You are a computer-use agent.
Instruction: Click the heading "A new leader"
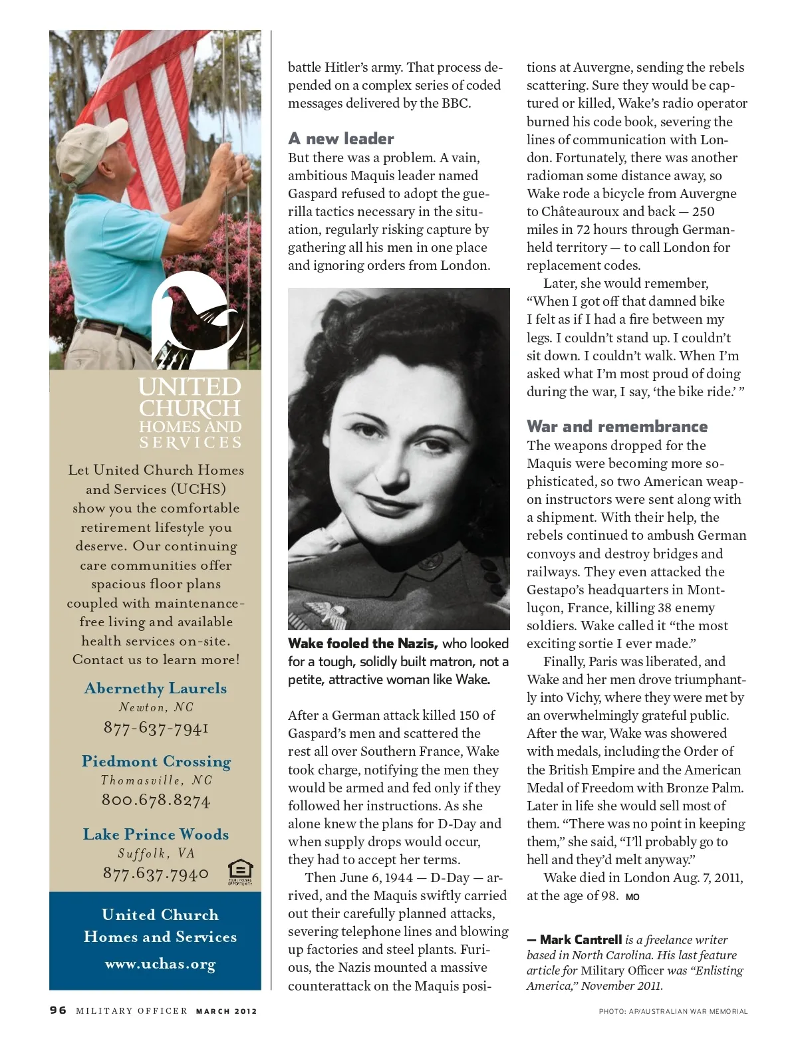(341, 139)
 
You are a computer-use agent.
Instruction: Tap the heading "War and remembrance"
(617, 427)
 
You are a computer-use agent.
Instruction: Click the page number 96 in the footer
(59, 1010)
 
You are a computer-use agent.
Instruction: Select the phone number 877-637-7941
(156, 728)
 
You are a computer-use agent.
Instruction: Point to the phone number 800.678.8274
(156, 800)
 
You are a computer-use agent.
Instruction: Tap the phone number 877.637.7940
(156, 873)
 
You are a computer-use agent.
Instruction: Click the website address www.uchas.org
(160, 964)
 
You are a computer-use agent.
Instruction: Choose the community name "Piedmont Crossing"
(156, 761)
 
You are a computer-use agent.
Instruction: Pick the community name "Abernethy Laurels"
(156, 688)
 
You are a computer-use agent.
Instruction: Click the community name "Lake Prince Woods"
(156, 834)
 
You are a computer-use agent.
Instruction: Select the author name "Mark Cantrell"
(581, 940)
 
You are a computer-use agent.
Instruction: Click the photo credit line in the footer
(673, 1011)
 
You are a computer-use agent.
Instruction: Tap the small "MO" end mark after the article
(632, 897)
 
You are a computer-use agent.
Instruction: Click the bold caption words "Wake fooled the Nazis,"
(362, 643)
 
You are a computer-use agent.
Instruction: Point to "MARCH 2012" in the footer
(226, 1011)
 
